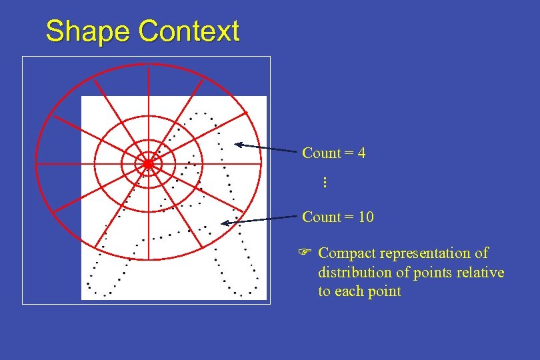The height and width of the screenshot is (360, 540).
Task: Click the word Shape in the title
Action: pyautogui.click(x=88, y=31)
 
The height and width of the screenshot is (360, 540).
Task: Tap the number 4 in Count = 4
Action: pyautogui.click(x=361, y=153)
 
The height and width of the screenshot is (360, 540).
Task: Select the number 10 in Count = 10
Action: pyautogui.click(x=365, y=217)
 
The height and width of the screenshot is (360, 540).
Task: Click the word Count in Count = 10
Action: pyautogui.click(x=321, y=217)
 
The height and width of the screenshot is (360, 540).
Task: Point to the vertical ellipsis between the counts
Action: pyautogui.click(x=324, y=182)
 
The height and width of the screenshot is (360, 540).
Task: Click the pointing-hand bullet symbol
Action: pyautogui.click(x=305, y=253)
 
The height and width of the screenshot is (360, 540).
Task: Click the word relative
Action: pyautogui.click(x=482, y=273)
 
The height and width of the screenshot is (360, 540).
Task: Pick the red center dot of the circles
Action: pyautogui.click(x=148, y=163)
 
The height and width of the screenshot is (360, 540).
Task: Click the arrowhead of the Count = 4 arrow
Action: pyautogui.click(x=238, y=144)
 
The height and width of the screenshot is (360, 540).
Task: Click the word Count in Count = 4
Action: pyautogui.click(x=321, y=153)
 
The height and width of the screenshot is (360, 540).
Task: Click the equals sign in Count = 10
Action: pyautogui.click(x=349, y=217)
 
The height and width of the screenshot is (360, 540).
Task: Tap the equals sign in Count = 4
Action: pyautogui.click(x=349, y=153)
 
